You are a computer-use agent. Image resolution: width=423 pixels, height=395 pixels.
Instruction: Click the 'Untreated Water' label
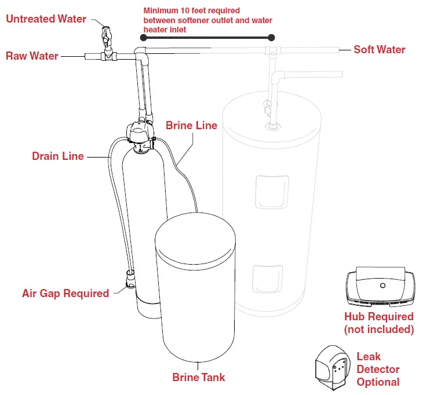click(46, 19)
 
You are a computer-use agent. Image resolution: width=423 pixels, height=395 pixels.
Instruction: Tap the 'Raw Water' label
click(32, 56)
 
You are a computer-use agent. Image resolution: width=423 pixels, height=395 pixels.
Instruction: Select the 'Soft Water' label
click(379, 49)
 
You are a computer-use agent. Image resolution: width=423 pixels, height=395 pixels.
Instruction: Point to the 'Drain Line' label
click(57, 156)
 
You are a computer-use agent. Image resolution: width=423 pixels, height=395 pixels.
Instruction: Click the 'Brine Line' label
click(191, 125)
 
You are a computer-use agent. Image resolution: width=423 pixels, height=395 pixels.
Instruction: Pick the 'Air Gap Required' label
click(65, 293)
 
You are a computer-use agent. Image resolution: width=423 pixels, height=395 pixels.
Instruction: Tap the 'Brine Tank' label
click(199, 377)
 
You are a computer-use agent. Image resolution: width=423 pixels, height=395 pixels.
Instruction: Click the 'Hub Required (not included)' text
click(379, 323)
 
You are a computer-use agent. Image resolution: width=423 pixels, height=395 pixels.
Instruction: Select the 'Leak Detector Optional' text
click(378, 369)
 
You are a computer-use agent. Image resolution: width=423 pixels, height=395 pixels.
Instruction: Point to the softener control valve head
click(140, 134)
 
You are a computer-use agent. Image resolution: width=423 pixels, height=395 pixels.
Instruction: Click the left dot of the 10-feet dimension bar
click(143, 38)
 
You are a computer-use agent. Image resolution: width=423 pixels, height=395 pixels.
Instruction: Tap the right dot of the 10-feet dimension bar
click(271, 38)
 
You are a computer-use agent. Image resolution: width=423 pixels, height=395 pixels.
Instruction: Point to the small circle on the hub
click(382, 286)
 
